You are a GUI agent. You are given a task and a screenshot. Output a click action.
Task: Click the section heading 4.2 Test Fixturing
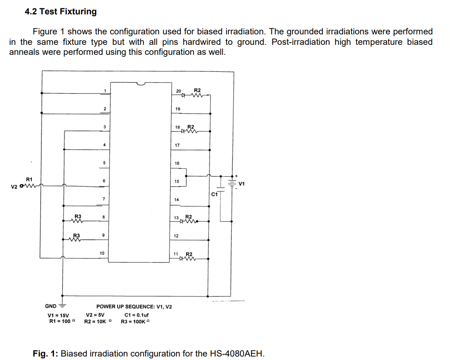click(x=61, y=12)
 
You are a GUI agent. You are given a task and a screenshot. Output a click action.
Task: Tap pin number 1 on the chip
click(x=105, y=91)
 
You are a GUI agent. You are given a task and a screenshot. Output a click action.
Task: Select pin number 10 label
click(x=102, y=253)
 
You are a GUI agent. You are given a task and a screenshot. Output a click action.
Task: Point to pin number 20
click(x=178, y=91)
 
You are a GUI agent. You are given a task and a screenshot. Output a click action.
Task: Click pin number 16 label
click(x=177, y=163)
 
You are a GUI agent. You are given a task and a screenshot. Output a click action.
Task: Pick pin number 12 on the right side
click(x=176, y=236)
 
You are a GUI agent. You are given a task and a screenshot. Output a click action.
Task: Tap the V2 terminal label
click(x=14, y=187)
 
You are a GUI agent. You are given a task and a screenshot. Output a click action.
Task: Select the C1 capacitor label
click(x=214, y=194)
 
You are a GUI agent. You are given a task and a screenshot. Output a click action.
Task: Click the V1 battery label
click(x=242, y=184)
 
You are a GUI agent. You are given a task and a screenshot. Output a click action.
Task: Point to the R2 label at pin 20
click(x=197, y=90)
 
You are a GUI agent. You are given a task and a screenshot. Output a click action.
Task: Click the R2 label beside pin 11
click(x=189, y=254)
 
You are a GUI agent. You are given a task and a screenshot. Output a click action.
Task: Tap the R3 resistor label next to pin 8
click(x=78, y=215)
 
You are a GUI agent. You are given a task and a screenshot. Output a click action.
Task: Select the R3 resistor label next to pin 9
click(x=77, y=235)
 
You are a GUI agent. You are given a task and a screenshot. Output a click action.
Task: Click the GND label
click(x=51, y=306)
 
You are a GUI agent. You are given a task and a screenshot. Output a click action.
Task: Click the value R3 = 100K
click(x=135, y=322)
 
